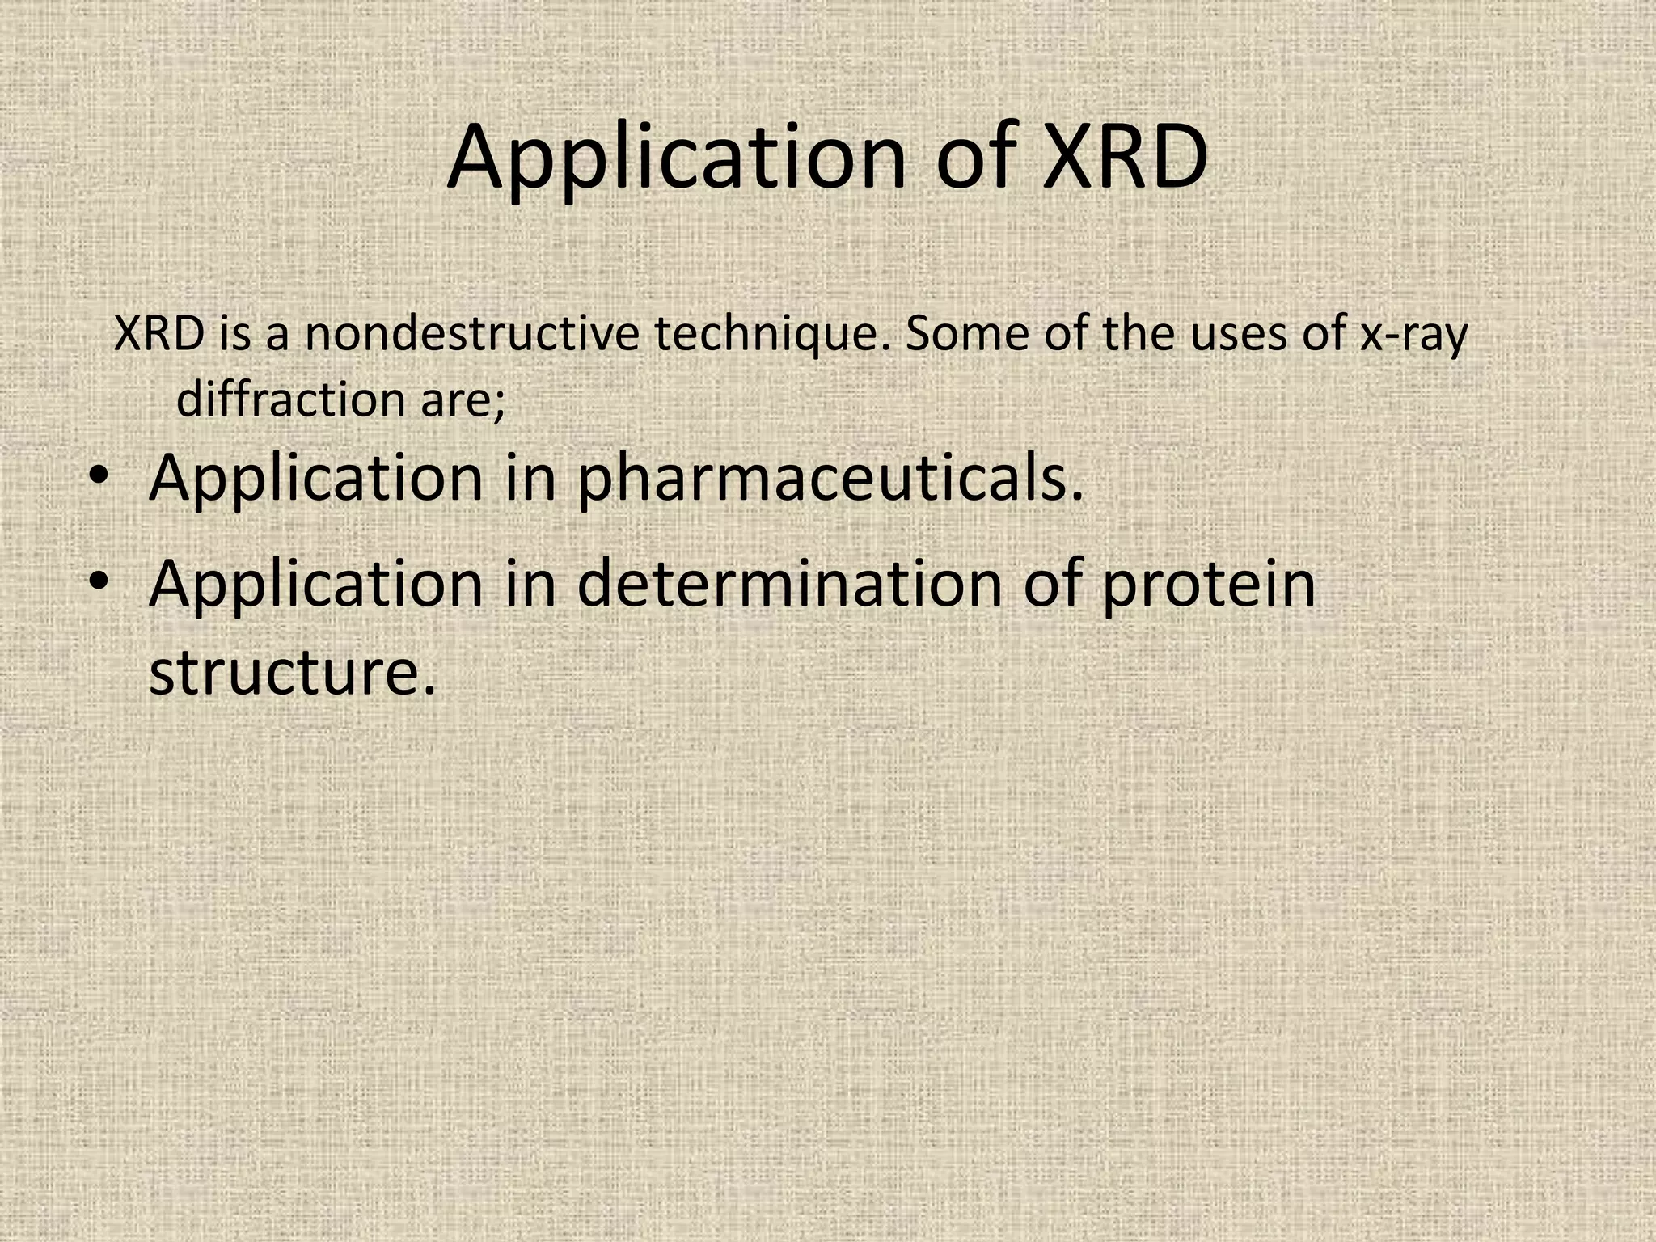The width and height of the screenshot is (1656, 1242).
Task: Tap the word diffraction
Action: pos(290,399)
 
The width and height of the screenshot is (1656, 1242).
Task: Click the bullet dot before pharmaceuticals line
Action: pos(99,475)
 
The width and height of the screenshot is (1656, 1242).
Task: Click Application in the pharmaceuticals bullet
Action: pos(316,479)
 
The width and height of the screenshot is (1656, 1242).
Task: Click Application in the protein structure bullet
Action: pos(316,585)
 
